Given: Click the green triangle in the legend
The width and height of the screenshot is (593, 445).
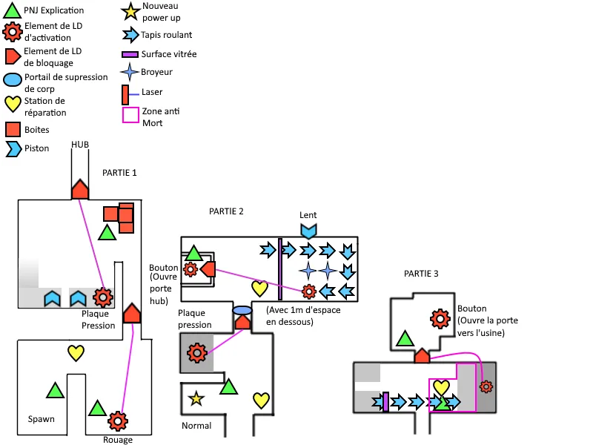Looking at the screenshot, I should (x=13, y=11).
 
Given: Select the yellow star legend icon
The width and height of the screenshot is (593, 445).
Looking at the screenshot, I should (x=130, y=12).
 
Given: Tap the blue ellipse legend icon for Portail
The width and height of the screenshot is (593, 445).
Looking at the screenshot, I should (x=13, y=80).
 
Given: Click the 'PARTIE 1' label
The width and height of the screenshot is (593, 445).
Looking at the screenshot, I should (x=119, y=172).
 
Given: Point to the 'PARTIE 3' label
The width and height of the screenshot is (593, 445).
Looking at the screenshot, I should (x=421, y=274).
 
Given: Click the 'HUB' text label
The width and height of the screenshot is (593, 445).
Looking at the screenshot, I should (x=80, y=145).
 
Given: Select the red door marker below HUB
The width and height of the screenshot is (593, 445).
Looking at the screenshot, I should (x=80, y=189).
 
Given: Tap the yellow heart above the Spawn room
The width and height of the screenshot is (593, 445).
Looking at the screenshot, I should (x=76, y=352).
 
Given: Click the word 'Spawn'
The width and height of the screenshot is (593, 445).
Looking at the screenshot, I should (x=42, y=419).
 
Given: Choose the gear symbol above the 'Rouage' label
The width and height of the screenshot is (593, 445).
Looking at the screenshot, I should (x=117, y=421).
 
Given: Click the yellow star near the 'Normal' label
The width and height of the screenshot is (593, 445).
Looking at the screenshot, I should (x=196, y=399).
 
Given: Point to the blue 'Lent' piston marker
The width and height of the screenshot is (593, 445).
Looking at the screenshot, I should (x=308, y=230).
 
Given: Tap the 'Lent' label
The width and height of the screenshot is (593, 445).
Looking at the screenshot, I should (x=308, y=215).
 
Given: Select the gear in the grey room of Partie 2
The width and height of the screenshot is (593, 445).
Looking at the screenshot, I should (x=196, y=352).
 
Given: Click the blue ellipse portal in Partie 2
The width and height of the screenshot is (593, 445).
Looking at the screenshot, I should (x=242, y=310).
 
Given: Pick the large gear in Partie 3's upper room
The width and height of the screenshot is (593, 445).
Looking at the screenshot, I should (x=440, y=318).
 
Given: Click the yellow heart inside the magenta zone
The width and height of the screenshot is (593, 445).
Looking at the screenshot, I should (x=442, y=387).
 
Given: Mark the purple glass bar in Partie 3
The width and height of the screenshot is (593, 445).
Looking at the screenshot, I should (x=386, y=402).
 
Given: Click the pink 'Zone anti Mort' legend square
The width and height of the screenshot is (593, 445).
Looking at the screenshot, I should (x=130, y=116).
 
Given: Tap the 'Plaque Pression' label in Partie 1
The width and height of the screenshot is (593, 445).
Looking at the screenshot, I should (x=99, y=320).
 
